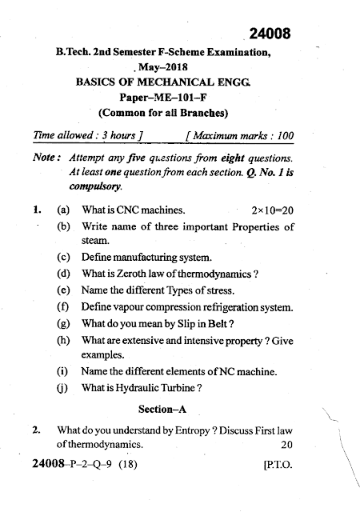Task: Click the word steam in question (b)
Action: coord(96,240)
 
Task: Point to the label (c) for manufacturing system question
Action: coord(63,258)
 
